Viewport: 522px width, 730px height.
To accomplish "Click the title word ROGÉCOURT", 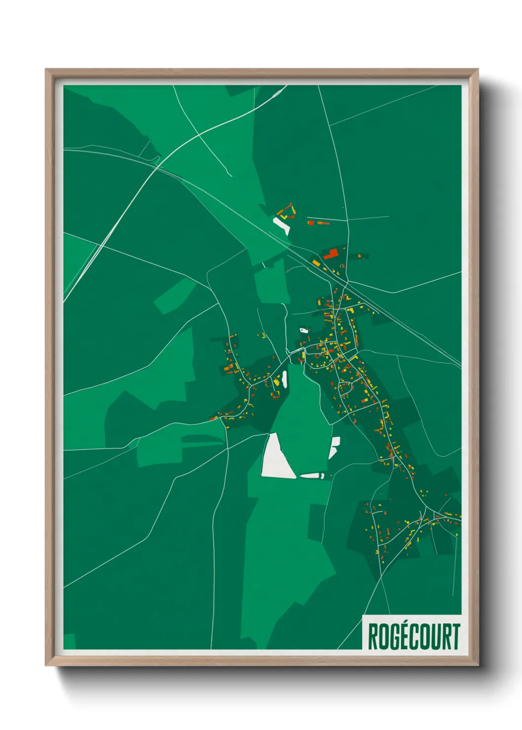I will tap(413, 636).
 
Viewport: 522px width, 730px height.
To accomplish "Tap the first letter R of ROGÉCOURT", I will tap(373, 636).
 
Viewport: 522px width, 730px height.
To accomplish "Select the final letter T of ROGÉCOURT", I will tap(455, 636).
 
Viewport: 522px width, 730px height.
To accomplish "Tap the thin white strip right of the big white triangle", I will tap(312, 475).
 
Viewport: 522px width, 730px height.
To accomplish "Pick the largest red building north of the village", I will tap(331, 254).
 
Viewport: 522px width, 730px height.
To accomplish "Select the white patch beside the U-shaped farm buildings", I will tap(282, 225).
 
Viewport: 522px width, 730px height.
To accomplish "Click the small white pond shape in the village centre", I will tap(303, 330).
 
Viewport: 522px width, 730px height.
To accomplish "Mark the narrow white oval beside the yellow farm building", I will tap(284, 378).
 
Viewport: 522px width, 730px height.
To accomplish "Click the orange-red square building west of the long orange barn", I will tap(311, 223).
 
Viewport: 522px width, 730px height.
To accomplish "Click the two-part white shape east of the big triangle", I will tap(334, 447).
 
